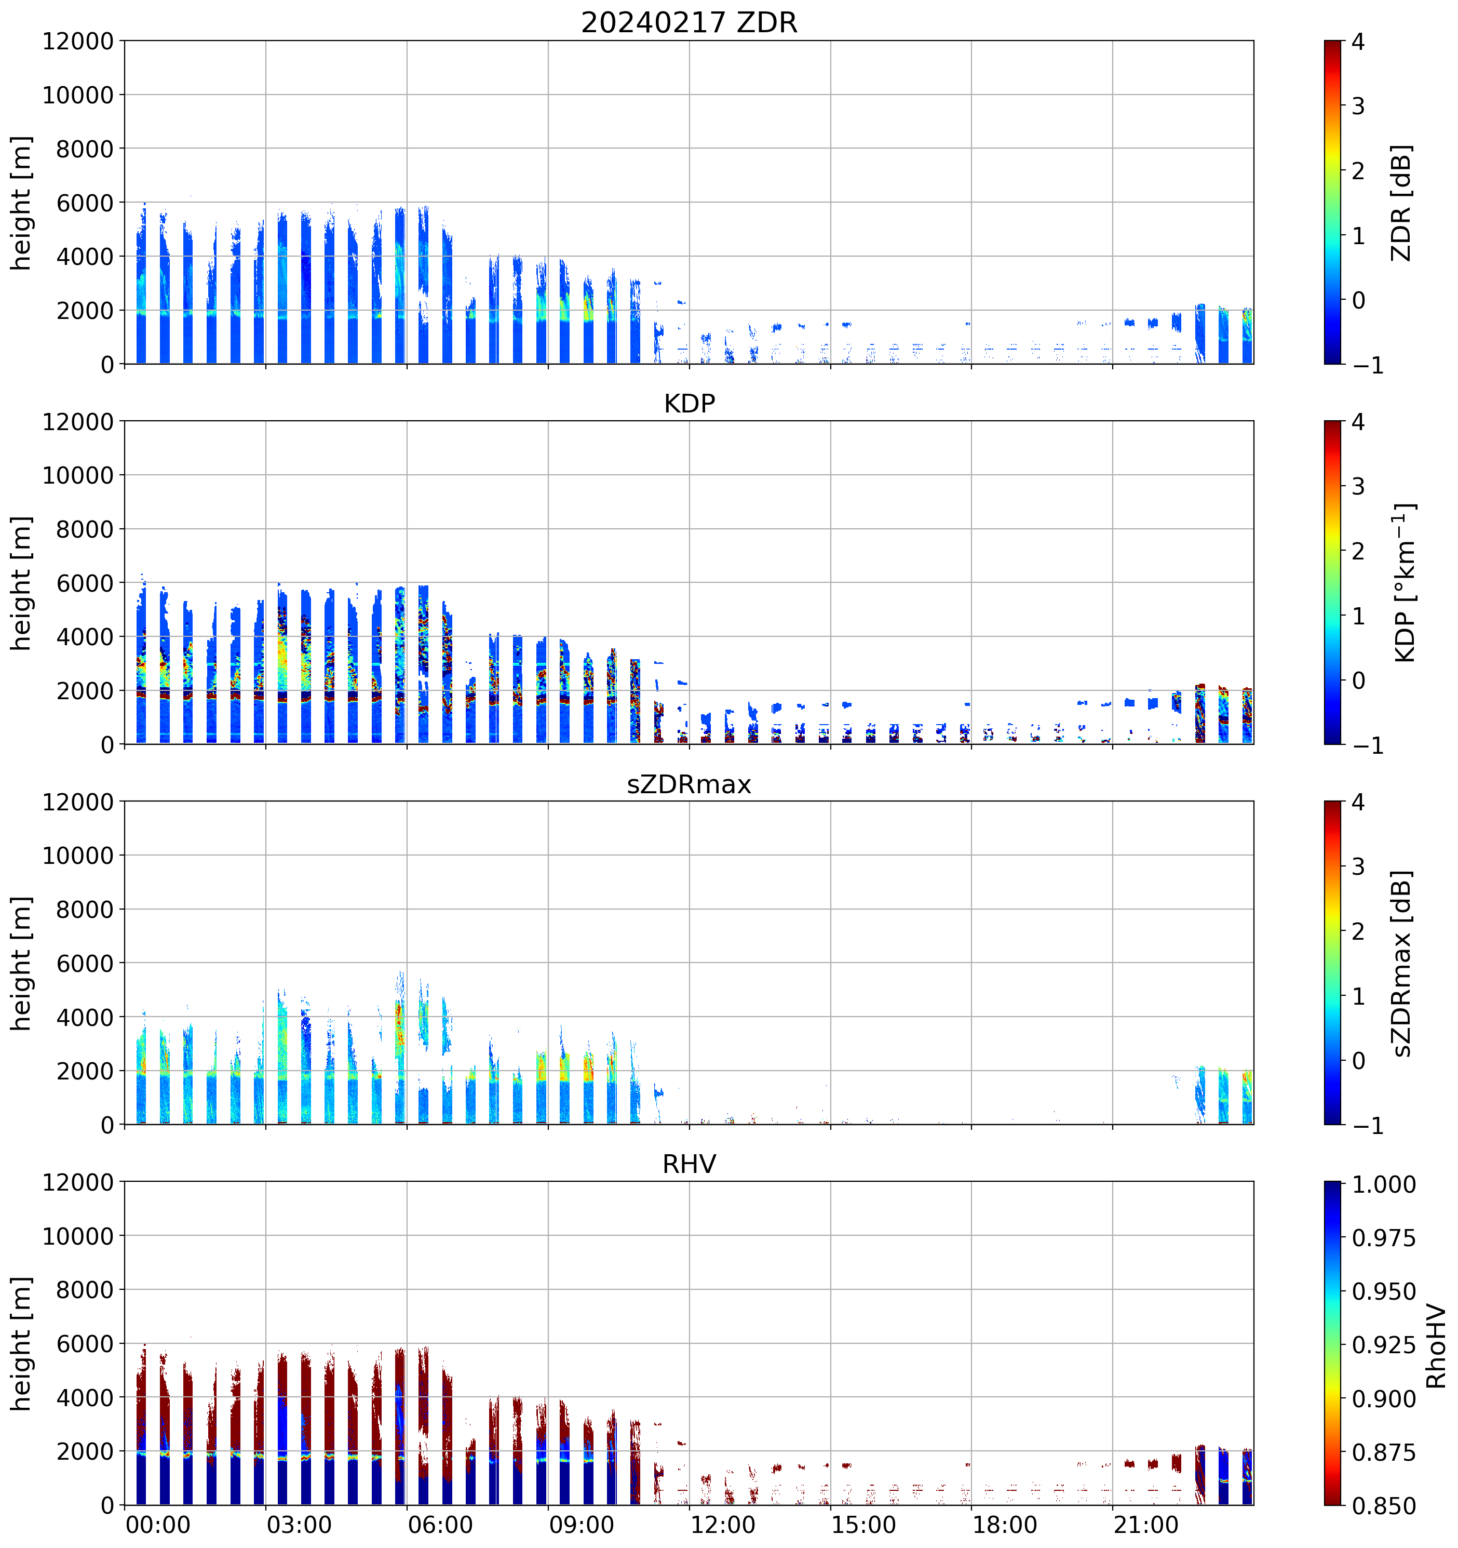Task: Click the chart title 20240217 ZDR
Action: coord(689,22)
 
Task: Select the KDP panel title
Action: coord(689,403)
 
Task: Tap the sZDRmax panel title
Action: coord(689,784)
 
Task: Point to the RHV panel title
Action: coord(689,1164)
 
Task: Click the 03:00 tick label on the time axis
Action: coord(299,1524)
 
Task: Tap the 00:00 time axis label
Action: coord(158,1524)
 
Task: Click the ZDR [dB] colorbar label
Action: coord(1401,203)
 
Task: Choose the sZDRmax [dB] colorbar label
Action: coord(1401,963)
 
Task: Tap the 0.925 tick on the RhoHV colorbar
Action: coord(1383,1345)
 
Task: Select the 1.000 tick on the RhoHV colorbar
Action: coord(1383,1184)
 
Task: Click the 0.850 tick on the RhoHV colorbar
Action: coord(1383,1506)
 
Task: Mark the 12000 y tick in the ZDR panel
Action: coord(78,41)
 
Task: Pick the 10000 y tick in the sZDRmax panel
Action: coord(78,855)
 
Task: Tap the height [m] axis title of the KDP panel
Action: coord(21,582)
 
